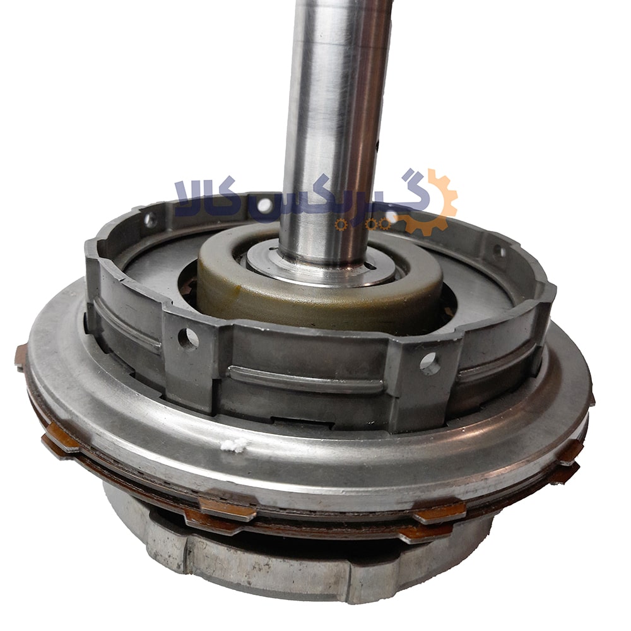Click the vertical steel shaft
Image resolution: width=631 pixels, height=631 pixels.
point(336,133)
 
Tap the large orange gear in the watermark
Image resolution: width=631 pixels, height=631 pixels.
point(433,201)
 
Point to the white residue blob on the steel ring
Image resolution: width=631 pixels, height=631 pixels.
point(233,444)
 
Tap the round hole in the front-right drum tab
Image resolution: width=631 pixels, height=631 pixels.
point(430,363)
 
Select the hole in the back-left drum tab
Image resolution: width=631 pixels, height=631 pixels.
point(151,220)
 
